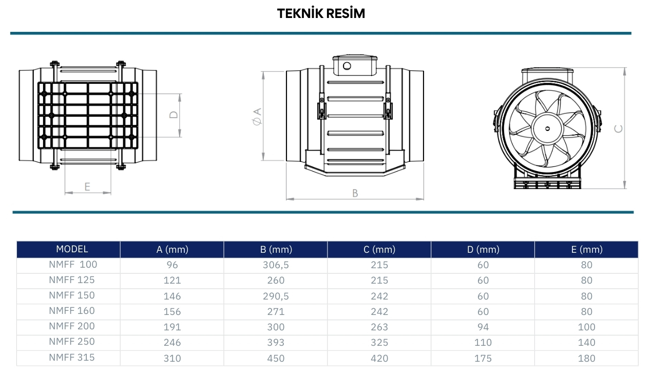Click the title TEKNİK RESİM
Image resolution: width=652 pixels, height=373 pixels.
321,14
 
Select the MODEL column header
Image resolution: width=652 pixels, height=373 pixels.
72,249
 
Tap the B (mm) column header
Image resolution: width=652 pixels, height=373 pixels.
276,250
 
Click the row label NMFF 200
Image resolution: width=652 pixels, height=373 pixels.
72,326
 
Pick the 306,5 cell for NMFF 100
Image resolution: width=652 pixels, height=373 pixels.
276,265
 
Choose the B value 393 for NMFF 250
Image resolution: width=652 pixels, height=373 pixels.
276,343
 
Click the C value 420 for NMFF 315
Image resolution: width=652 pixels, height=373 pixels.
379,358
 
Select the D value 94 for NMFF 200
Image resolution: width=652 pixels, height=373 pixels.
483,327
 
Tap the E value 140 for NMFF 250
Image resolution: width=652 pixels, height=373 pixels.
586,343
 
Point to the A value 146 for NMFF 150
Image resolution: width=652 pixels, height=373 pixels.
172,296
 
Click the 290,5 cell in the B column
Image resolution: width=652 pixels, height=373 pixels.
276,296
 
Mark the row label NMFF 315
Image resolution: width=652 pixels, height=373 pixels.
72,357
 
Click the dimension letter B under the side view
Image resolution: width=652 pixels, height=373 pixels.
355,193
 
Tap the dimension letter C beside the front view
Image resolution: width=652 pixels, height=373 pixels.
619,128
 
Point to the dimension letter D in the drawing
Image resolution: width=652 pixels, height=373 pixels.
174,115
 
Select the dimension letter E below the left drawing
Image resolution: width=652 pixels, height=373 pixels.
87,186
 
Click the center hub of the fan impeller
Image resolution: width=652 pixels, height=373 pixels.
545,127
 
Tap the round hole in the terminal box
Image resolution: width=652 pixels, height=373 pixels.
347,66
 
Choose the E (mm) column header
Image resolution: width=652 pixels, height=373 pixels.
586,250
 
